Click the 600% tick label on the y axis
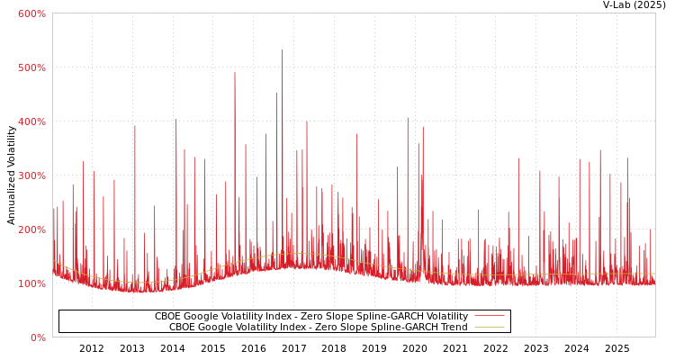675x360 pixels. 31,13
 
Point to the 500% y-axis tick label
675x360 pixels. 31,67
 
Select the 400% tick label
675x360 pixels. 31,121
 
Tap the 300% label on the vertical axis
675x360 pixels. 31,175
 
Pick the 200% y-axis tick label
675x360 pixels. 31,229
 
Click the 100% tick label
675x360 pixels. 31,283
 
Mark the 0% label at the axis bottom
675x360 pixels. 37,337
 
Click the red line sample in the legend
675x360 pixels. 489,316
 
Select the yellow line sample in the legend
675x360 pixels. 489,327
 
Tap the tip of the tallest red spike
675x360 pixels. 282,49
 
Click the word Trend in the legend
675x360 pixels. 453,328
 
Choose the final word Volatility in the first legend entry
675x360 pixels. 445,317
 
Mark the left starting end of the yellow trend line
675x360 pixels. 53,261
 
